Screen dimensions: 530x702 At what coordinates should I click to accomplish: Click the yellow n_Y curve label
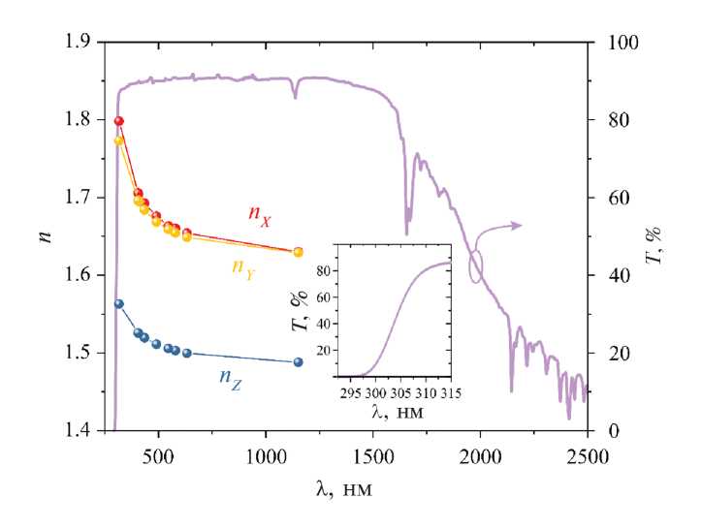click(x=243, y=265)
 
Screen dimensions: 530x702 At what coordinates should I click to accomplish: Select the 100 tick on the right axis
click(x=619, y=43)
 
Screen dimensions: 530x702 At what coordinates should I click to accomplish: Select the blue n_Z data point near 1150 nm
click(x=298, y=362)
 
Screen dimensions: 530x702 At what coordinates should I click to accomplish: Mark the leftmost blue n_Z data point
click(x=119, y=303)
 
